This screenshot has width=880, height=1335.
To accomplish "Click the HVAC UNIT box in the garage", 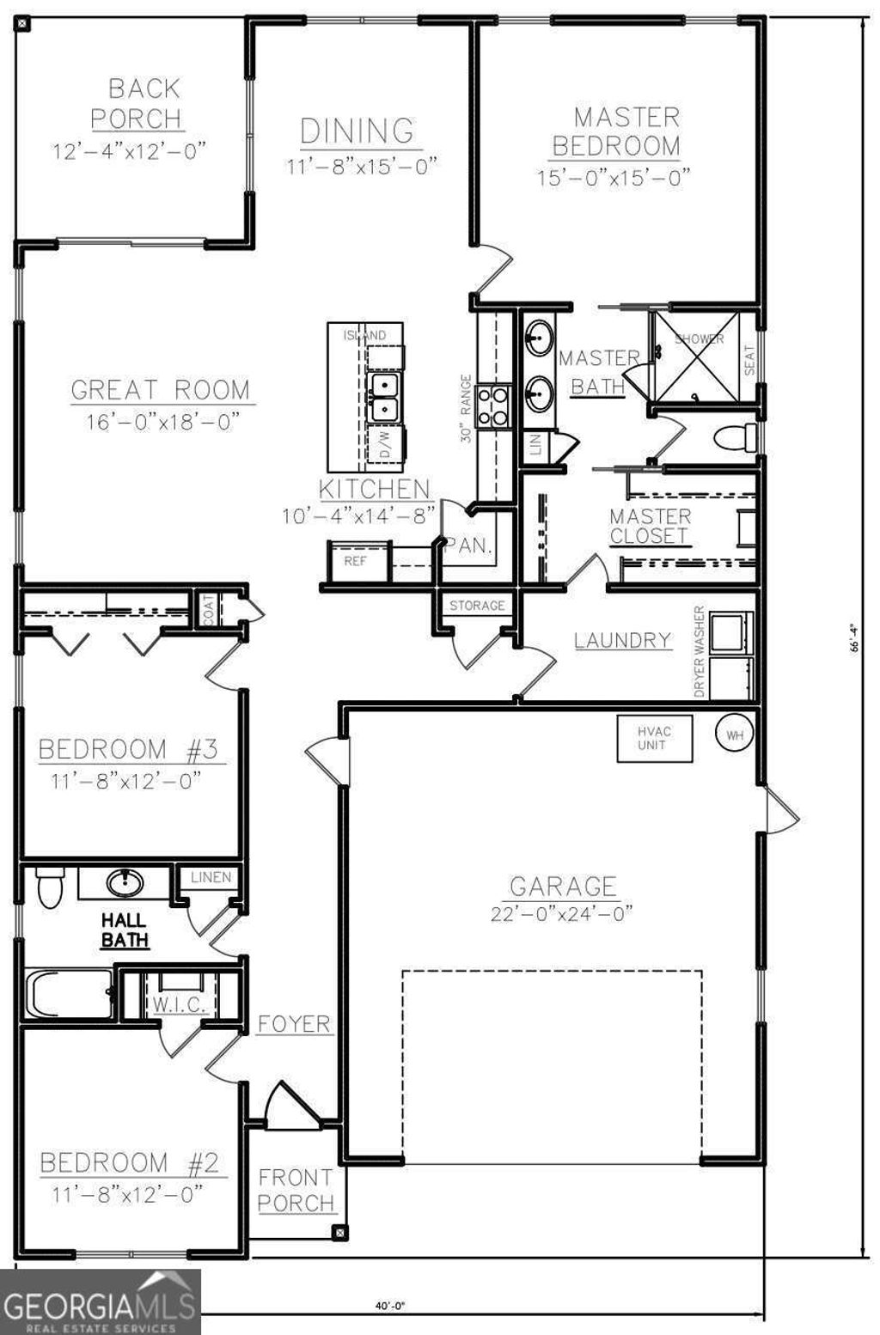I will tap(655, 738).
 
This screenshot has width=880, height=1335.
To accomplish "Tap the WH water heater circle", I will tap(735, 735).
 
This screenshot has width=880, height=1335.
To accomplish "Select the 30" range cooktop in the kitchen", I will tap(494, 405).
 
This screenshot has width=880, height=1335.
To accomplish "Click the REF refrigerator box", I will tap(356, 561).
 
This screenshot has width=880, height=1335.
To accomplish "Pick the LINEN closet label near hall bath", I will tap(211, 877).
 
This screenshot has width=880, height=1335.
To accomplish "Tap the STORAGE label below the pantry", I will tap(477, 606).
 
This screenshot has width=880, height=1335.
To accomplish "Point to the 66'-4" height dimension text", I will tap(855, 638).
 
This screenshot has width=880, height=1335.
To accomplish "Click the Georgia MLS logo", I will tap(100, 1301).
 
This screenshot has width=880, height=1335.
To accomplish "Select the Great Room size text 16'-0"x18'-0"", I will tap(161, 422).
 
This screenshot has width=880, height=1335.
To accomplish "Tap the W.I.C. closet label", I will tap(177, 1004).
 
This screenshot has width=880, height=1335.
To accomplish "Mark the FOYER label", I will tap(294, 1024).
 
